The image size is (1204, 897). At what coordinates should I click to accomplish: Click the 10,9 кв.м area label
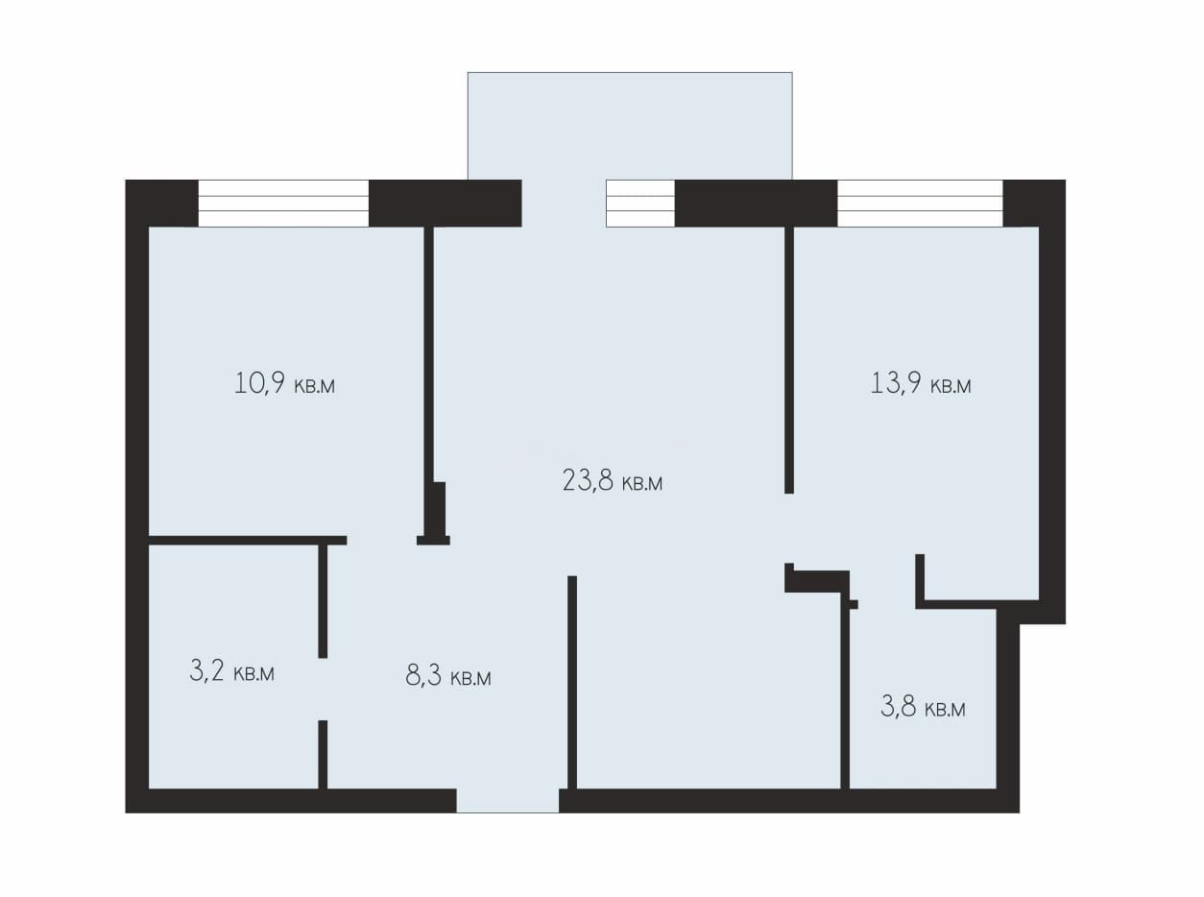coord(284,383)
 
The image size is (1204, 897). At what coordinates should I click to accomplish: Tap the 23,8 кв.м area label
coord(613,481)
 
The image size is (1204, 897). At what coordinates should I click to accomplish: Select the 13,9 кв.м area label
coord(921,383)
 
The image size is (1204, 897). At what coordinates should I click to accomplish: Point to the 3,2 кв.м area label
coord(231,671)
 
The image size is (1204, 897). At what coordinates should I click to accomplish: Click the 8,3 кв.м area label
coord(448,676)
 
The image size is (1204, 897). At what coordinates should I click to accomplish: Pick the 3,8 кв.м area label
coord(923,708)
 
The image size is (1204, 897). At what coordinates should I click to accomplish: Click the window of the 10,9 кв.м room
coord(283,203)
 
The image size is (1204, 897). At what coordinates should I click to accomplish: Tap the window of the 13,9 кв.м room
coord(920,203)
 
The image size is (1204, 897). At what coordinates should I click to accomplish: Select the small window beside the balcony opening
coord(640,203)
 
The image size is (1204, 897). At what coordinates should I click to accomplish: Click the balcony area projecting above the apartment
coord(630,126)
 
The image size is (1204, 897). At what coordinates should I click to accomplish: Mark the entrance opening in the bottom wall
coord(508,800)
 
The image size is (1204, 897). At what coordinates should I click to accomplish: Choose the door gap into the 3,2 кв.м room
coord(323,689)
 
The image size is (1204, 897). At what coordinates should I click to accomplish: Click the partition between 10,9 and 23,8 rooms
coord(429,354)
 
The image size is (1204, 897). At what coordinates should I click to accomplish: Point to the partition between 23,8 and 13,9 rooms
coord(789,360)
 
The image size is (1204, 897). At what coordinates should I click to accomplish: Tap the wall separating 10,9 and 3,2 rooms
coord(248,541)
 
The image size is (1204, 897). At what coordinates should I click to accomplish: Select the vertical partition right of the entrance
coord(572,683)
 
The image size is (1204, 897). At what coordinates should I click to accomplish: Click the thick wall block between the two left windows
coord(445,203)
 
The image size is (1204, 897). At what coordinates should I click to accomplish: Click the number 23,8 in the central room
coord(588,481)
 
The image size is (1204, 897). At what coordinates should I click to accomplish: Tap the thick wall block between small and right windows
coord(756,203)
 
